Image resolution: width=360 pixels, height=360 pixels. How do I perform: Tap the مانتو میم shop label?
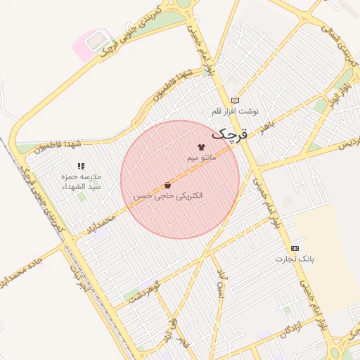coord(201,158)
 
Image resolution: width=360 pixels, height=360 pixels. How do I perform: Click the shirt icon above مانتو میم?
coord(201,148)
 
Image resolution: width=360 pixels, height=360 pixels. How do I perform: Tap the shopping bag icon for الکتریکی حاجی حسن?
coord(167,185)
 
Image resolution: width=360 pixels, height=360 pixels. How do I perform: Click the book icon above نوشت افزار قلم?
coord(235,101)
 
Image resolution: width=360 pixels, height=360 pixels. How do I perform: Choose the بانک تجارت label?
coord(295,259)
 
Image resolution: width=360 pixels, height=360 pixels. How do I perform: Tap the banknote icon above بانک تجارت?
coord(295,248)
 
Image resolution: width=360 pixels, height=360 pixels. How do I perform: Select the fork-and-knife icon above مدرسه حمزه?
coord(80,166)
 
